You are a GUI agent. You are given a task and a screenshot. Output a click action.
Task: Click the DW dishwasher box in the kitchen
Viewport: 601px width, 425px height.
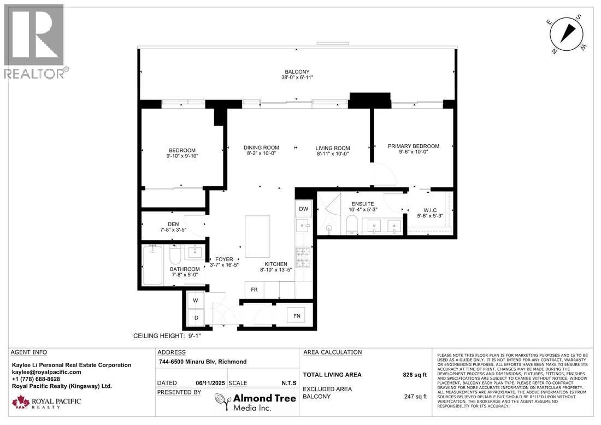[303, 209]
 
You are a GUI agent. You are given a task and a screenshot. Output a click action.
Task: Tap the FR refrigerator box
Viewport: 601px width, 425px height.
[254, 290]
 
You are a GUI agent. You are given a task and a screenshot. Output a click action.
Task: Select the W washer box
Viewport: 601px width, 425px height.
[195, 300]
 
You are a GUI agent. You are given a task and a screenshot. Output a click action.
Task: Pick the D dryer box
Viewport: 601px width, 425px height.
[195, 317]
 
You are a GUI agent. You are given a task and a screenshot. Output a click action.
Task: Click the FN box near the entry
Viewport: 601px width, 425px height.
[296, 315]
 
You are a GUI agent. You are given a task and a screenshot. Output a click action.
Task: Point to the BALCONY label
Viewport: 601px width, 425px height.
[297, 72]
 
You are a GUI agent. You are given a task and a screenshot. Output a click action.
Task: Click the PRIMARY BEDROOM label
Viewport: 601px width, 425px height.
[413, 146]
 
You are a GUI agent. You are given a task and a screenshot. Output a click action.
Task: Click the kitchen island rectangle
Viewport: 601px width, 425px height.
[257, 236]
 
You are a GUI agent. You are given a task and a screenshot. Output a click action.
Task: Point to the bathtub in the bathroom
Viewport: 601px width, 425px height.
[152, 265]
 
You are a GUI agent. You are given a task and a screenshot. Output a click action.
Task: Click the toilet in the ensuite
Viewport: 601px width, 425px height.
[351, 224]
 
